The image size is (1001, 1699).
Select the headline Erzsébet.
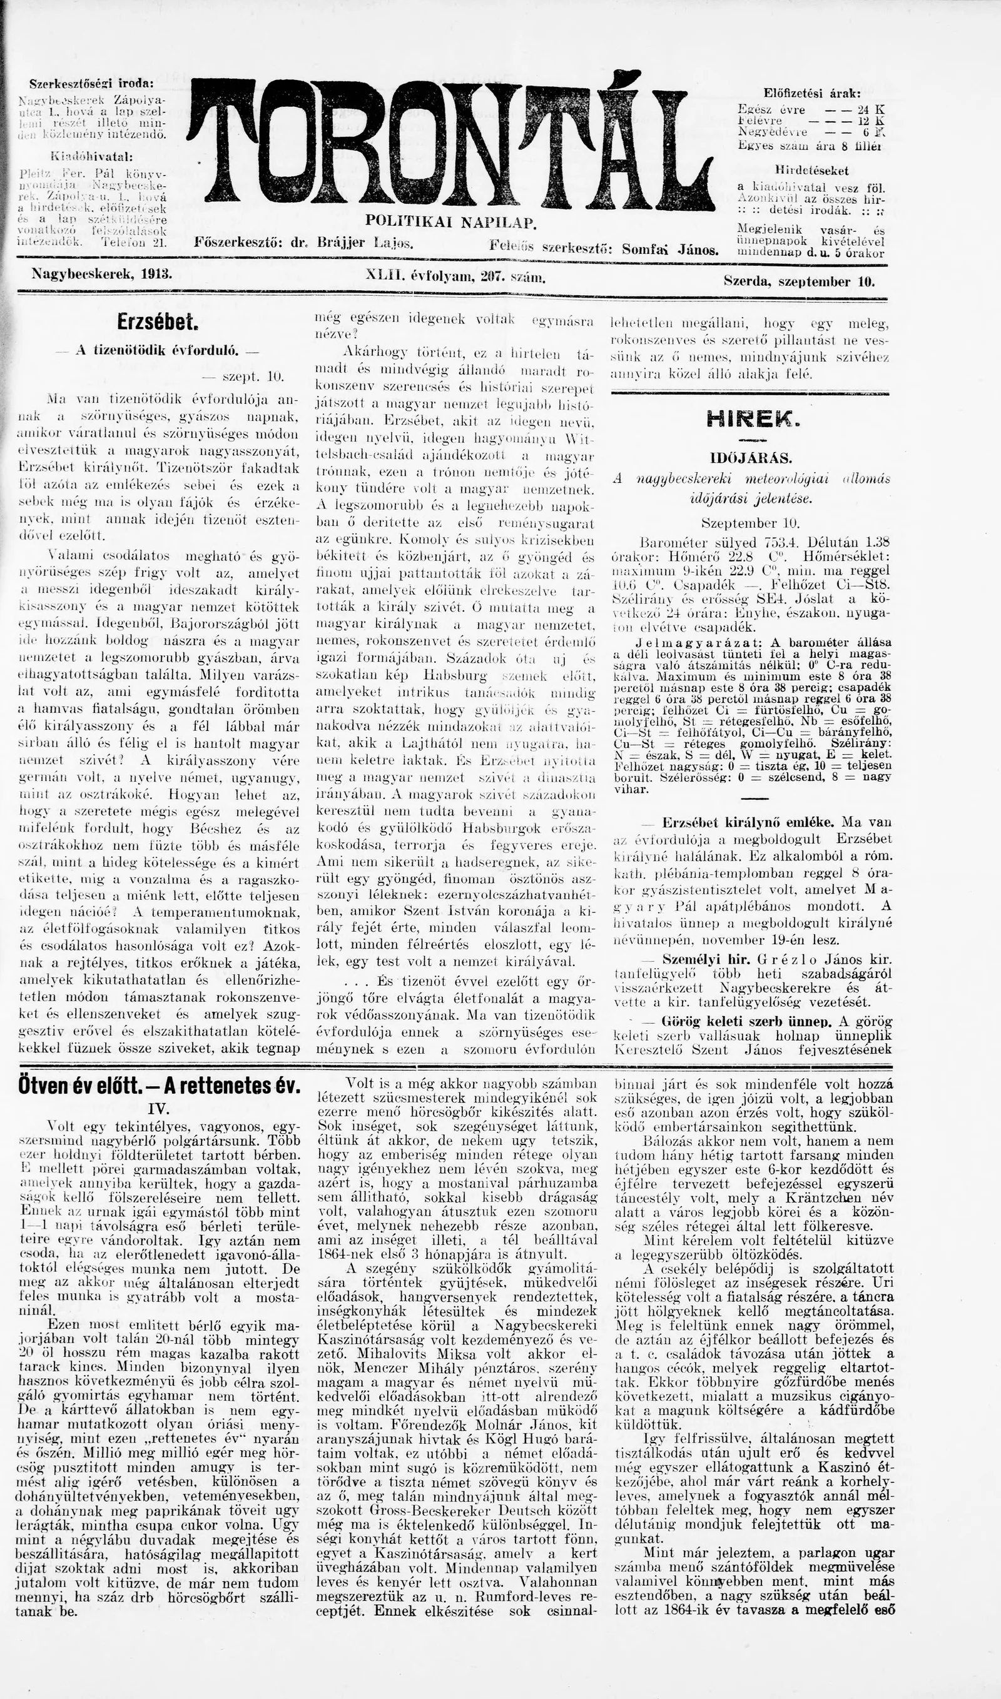pos(158,322)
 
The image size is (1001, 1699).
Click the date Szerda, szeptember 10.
pos(799,281)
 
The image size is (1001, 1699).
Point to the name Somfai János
pos(670,249)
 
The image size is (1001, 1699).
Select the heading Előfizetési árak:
pos(811,93)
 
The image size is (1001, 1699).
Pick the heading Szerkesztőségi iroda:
pos(91,84)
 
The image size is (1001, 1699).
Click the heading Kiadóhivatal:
pos(93,157)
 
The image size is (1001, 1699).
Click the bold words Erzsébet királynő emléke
pos(748,822)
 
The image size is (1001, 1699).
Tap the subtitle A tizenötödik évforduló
pos(157,351)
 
